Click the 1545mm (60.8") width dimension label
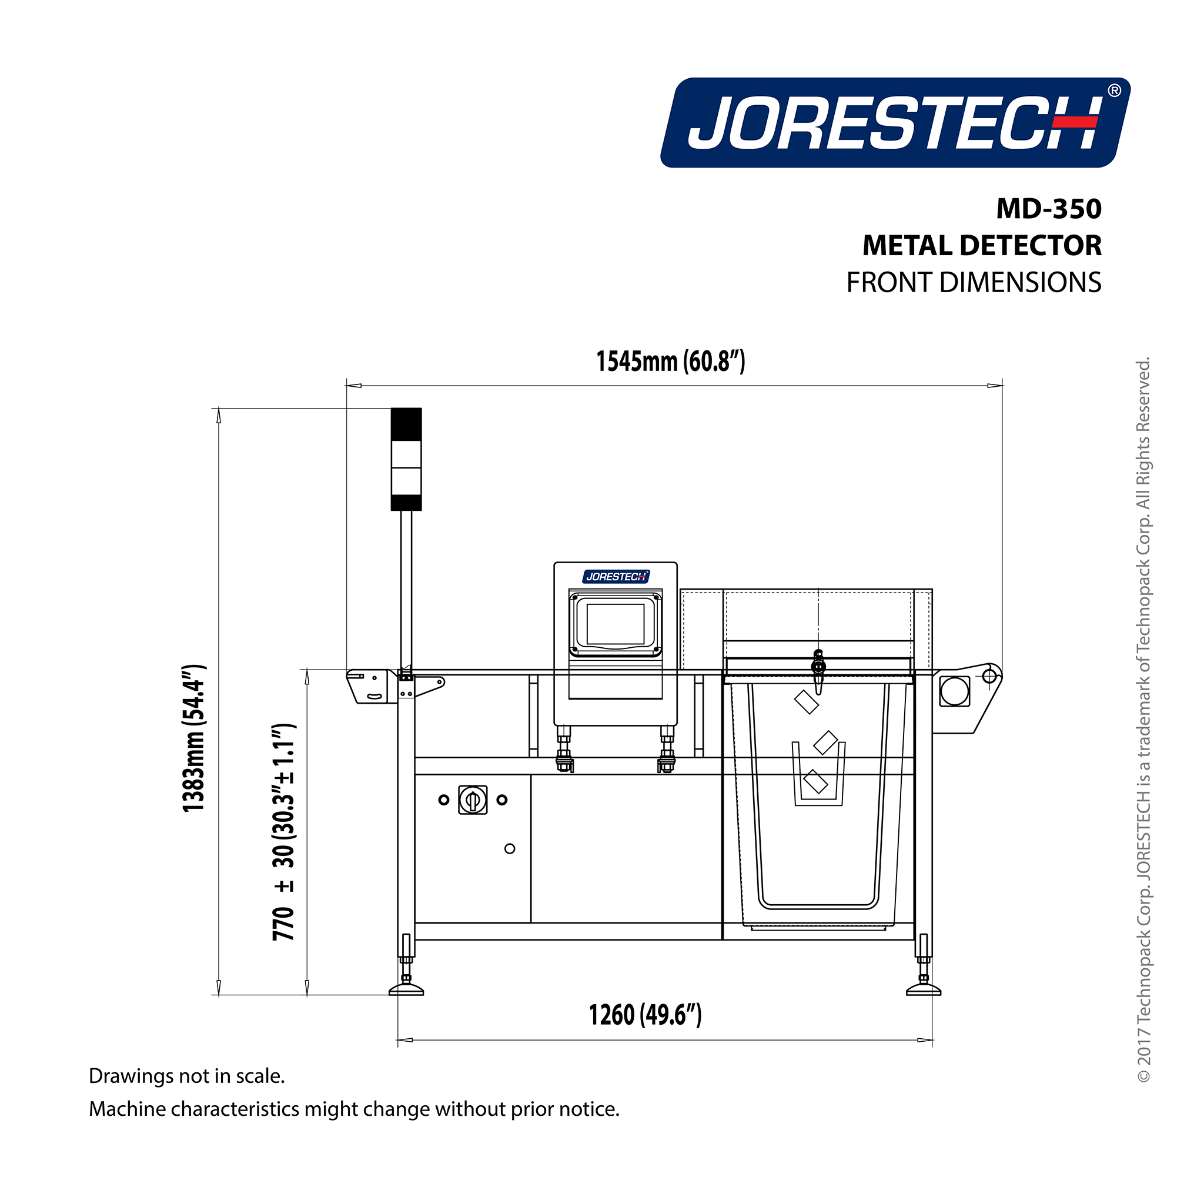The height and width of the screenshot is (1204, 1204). click(671, 362)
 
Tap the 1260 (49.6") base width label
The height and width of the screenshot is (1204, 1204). click(645, 1015)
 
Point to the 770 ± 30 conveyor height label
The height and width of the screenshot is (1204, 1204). click(283, 832)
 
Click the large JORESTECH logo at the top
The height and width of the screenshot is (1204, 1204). click(894, 123)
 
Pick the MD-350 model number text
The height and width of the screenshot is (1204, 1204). click(1048, 209)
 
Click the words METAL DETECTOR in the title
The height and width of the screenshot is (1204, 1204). click(982, 246)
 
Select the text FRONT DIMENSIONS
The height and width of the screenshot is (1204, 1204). click(974, 283)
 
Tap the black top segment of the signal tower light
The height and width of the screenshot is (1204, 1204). click(406, 424)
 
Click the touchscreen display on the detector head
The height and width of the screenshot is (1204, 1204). click(615, 624)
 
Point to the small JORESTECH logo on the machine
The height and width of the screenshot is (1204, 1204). click(616, 577)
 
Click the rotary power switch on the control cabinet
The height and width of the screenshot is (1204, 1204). click(473, 800)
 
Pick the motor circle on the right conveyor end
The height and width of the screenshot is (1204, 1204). click(954, 691)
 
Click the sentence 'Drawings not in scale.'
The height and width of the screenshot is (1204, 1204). click(187, 1076)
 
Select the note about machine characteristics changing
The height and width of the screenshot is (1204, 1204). click(354, 1109)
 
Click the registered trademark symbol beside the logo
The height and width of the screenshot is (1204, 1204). click(1114, 91)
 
